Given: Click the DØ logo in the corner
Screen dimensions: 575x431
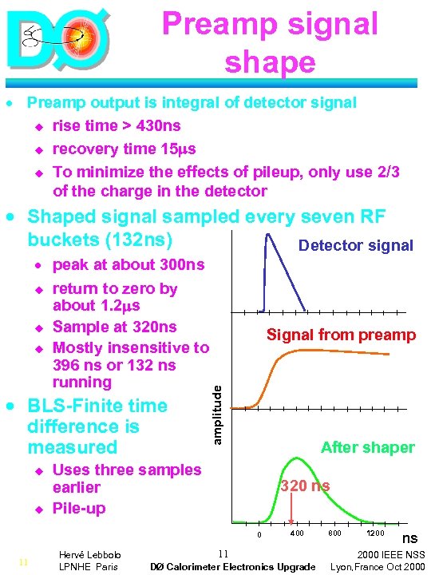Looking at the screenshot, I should [x=55, y=40].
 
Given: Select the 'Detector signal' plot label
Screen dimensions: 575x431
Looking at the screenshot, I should [x=355, y=245].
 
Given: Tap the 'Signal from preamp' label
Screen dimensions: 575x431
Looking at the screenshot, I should [x=341, y=335].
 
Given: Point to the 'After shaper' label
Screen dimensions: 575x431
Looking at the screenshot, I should [x=367, y=447].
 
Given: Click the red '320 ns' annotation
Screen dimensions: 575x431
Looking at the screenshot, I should [x=304, y=486].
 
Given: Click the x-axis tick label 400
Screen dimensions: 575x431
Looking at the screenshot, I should [x=297, y=533].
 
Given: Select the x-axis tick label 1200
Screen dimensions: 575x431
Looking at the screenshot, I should [x=375, y=533].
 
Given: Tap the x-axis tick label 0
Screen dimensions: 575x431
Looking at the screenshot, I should [x=259, y=534].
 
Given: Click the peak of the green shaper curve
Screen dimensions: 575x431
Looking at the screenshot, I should [x=295, y=458].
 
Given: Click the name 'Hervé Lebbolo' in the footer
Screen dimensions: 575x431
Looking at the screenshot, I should [x=88, y=553].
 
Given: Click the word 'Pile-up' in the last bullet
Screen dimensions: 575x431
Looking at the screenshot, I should [x=79, y=508].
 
